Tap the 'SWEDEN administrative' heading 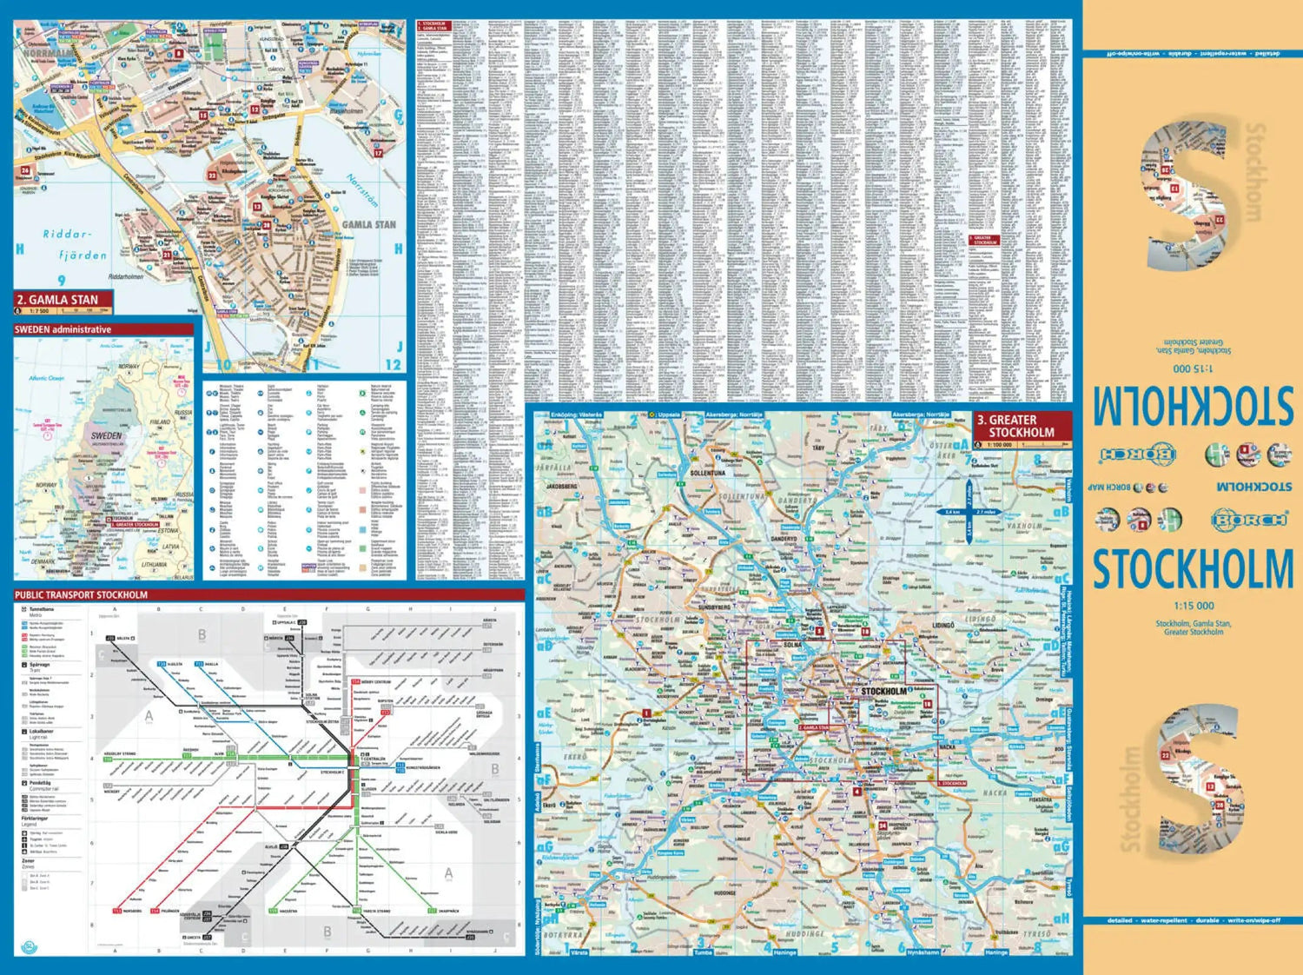pos(63,329)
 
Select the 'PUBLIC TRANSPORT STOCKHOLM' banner pos(81,595)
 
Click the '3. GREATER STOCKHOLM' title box pos(1021,426)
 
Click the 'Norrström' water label pos(364,190)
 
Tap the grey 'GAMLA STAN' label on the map pos(368,224)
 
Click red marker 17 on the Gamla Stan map pos(378,153)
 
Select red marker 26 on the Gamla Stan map pos(25,171)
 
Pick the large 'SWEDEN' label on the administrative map pos(106,435)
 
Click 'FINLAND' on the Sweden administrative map pos(160,421)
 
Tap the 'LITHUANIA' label pos(154,564)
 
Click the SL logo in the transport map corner pos(26,945)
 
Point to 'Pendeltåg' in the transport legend pos(40,782)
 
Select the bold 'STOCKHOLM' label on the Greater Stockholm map pos(883,692)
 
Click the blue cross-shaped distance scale pos(969,512)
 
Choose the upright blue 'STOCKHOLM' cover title pos(1192,570)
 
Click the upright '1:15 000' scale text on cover pos(1194,606)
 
